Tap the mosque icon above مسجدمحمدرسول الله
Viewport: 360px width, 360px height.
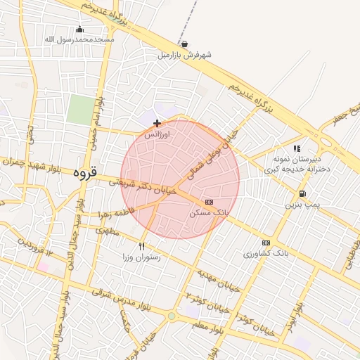[79, 30]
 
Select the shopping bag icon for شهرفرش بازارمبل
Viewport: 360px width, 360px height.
[184, 44]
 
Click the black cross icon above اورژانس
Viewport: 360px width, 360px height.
[156, 123]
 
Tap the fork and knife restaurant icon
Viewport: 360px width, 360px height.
[142, 246]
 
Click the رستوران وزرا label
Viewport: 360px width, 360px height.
[142, 257]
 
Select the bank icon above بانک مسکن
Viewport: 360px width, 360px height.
[208, 202]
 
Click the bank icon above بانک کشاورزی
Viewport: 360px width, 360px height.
[265, 243]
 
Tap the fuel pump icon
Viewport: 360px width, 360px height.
[302, 193]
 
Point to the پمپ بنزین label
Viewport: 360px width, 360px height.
[301, 205]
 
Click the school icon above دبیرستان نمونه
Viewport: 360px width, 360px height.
[297, 148]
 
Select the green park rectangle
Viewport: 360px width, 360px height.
[81, 110]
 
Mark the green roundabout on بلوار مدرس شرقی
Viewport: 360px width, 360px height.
[171, 316]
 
